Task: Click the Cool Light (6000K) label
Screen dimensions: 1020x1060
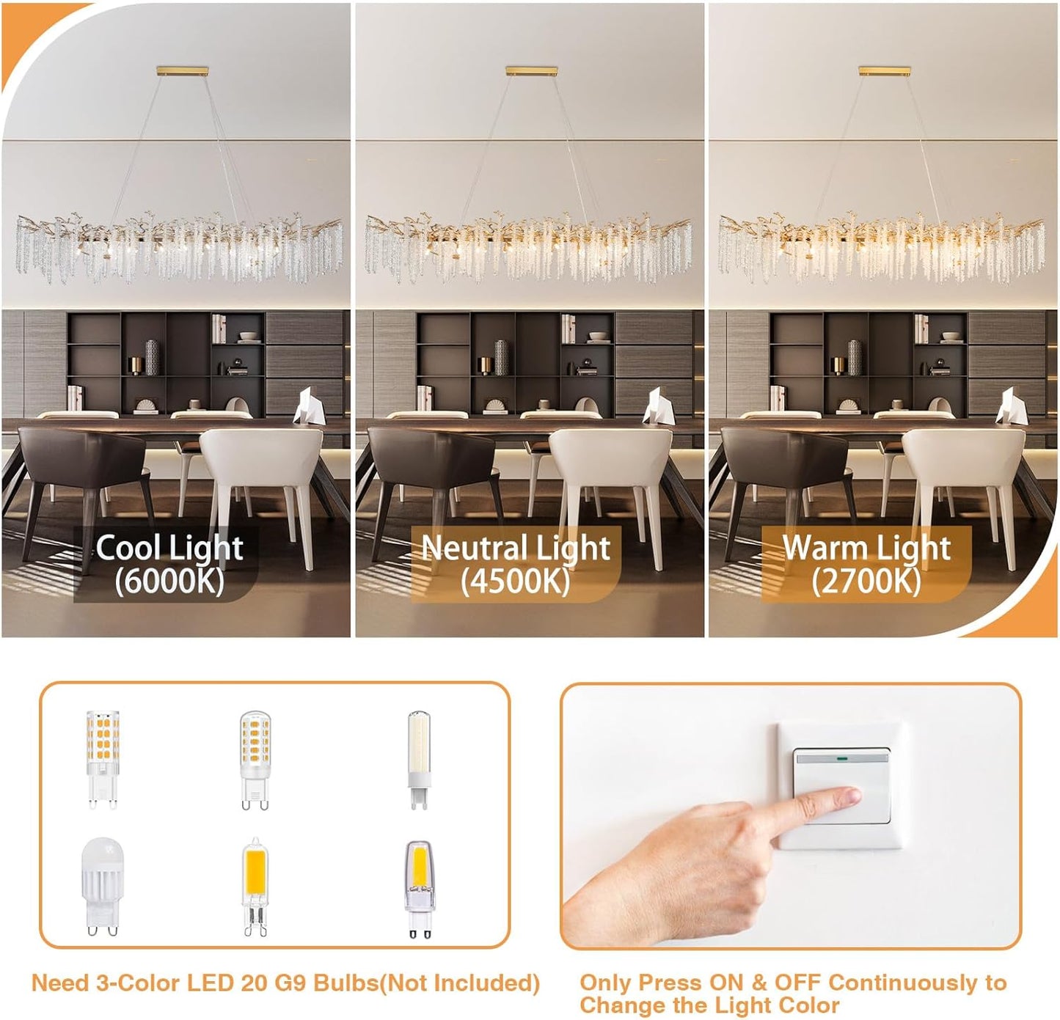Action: point(169,564)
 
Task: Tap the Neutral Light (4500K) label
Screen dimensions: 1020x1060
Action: point(516,564)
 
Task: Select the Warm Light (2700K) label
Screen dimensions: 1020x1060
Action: point(866,564)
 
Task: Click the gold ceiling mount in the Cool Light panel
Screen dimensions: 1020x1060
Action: point(183,71)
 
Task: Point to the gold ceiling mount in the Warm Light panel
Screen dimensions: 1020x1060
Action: point(885,71)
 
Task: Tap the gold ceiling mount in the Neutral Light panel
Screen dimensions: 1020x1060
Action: point(532,71)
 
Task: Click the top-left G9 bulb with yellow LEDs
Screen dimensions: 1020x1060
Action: point(102,758)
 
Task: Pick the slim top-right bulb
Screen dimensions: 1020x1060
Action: point(419,758)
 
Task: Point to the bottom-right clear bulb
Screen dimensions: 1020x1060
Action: point(419,887)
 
